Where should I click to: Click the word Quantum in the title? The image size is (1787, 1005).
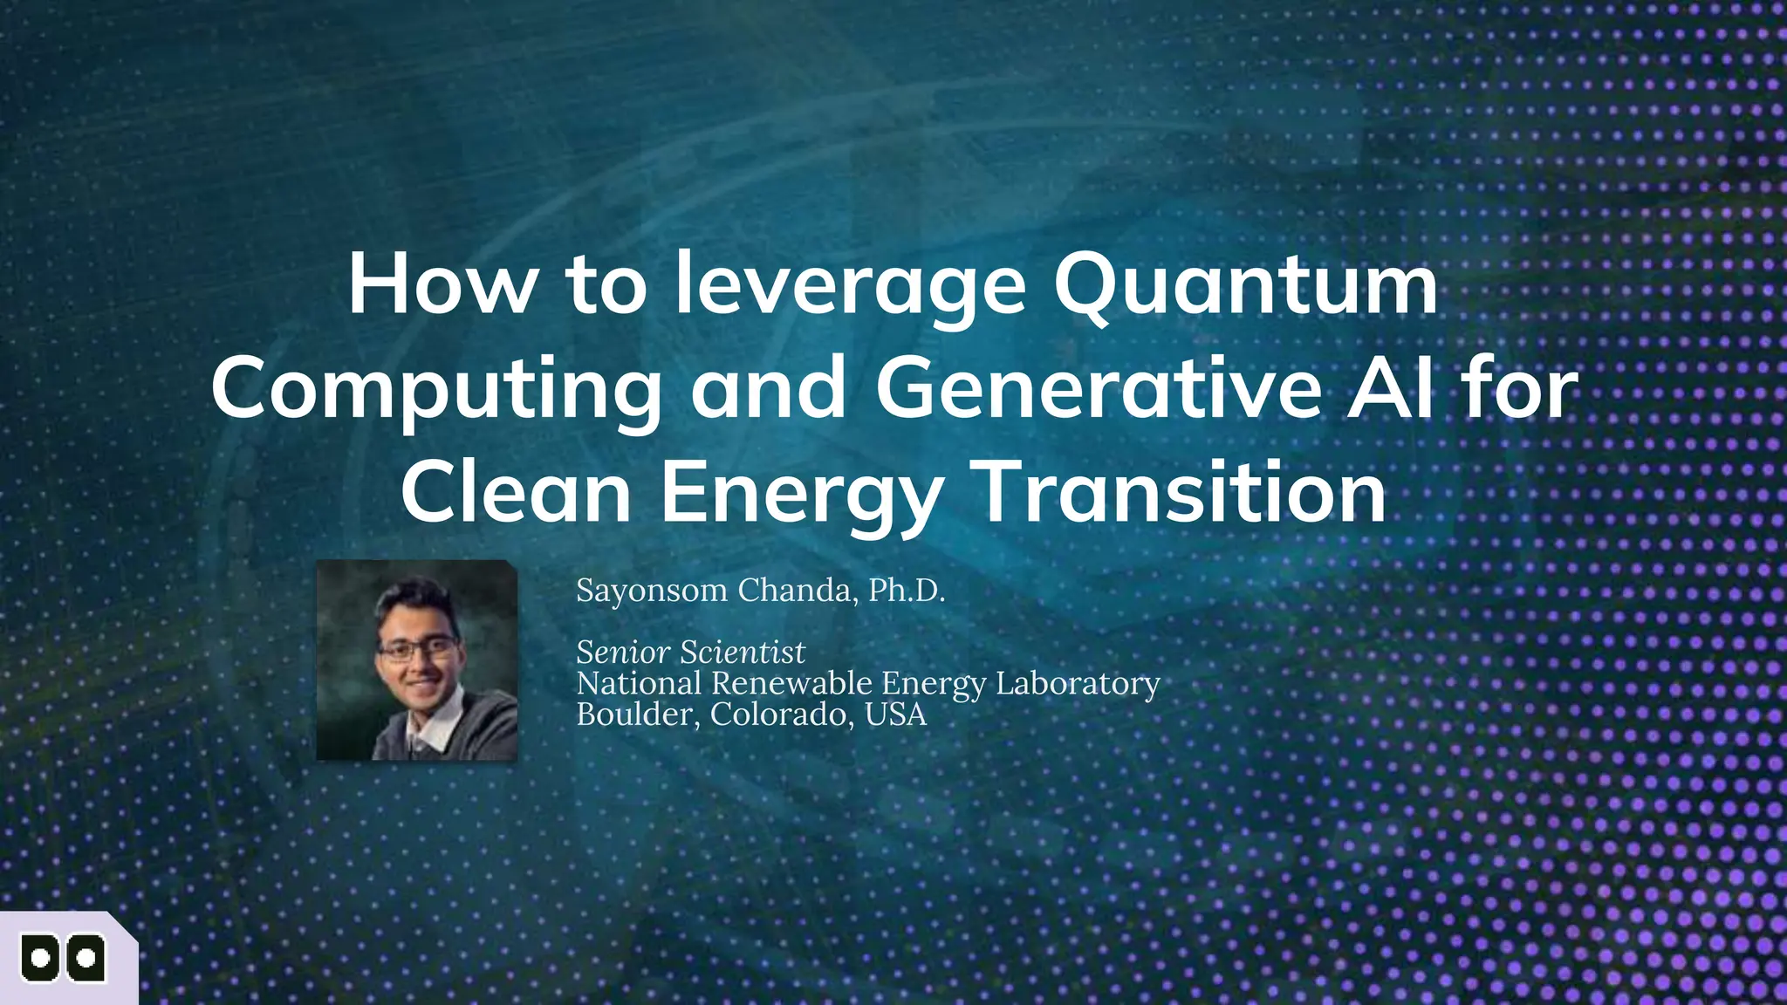point(1245,286)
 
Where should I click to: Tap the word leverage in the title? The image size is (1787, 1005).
point(851,286)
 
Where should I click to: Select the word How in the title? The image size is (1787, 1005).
point(441,286)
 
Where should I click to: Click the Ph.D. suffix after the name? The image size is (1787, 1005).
point(907,591)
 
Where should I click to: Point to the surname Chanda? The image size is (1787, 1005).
point(793,591)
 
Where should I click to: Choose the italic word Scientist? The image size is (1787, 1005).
point(743,652)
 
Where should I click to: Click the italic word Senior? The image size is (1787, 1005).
point(623,652)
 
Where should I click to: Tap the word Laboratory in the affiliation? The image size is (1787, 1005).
point(1078,683)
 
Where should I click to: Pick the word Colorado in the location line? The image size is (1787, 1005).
point(782,714)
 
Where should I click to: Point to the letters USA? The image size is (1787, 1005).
point(895,714)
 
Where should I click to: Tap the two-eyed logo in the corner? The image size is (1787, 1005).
point(63,959)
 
